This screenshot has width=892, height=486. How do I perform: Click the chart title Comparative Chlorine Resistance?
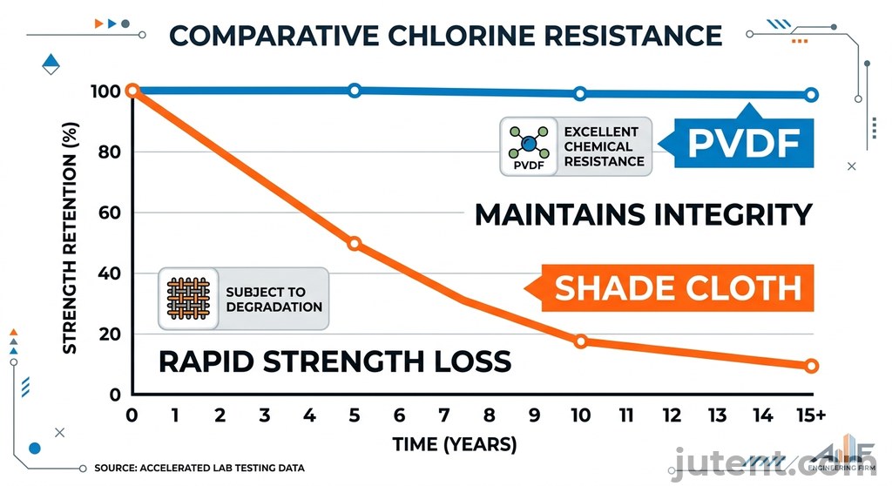[445, 35]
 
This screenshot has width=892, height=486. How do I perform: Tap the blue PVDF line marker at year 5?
[355, 91]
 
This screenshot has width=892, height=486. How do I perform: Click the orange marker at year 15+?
[811, 366]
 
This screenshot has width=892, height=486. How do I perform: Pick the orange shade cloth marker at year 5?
[355, 243]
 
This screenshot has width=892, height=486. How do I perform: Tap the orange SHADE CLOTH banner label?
[678, 287]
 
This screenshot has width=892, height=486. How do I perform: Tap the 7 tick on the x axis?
[444, 416]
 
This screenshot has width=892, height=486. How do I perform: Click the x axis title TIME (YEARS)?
[454, 444]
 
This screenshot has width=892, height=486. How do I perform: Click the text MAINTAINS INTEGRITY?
[643, 214]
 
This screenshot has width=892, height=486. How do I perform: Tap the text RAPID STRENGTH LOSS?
[334, 361]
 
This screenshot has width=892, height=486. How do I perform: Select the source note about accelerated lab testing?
[199, 469]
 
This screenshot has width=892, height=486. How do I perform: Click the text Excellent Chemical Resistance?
[604, 146]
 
